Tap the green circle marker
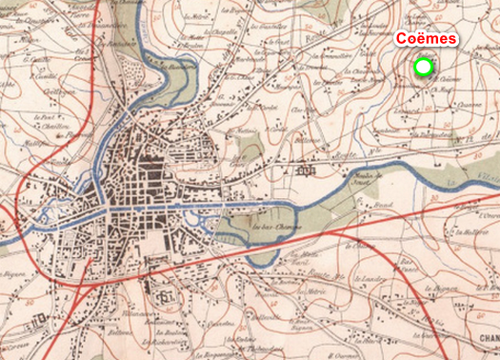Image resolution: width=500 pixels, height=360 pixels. pos(424,67)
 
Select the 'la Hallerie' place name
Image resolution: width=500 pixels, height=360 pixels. pos(464,230)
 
